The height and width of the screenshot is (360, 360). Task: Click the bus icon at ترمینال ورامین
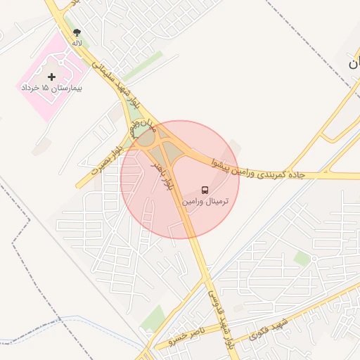point(205,190)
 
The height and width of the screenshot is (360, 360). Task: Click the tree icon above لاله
point(77,32)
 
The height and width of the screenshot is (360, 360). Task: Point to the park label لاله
point(77,43)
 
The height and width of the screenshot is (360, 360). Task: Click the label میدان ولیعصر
point(140,125)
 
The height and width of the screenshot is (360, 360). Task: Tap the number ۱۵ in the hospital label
point(46,88)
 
